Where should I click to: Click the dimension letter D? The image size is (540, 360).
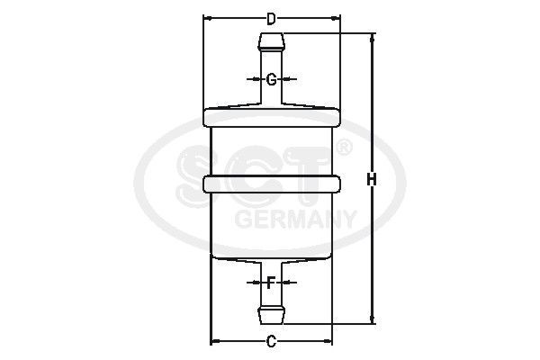[x=271, y=17]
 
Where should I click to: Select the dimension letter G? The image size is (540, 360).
[x=271, y=79]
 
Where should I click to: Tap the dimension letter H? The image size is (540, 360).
[x=371, y=179]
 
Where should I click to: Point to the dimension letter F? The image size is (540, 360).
[x=271, y=283]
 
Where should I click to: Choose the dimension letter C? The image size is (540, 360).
[x=271, y=340]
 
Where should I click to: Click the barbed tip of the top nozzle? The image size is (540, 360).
[x=272, y=40]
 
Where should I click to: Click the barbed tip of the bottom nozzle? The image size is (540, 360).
[x=272, y=316]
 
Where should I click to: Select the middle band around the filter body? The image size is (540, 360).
[x=272, y=184]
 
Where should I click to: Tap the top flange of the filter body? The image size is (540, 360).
[x=272, y=115]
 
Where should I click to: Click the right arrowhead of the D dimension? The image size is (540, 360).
[x=337, y=17]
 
